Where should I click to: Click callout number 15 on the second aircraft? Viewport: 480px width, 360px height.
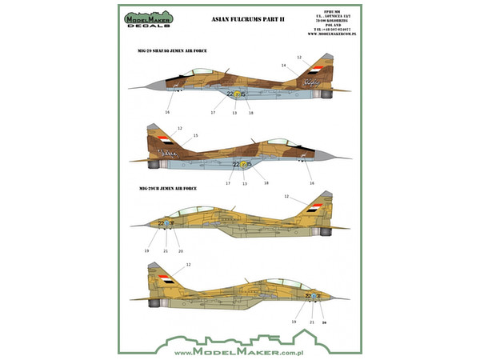point(195,135)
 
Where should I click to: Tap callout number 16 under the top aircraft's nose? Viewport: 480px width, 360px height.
point(167,113)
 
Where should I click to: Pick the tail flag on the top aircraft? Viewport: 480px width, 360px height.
point(314,70)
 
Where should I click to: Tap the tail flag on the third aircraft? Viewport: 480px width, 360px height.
point(315,206)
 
